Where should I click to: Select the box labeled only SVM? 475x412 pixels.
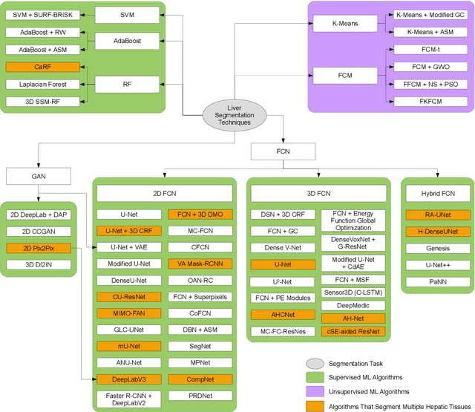(x=128, y=14)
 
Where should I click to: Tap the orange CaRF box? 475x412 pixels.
(x=36, y=68)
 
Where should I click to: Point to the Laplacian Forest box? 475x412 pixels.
(x=36, y=84)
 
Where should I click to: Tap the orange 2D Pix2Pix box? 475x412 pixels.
(x=39, y=247)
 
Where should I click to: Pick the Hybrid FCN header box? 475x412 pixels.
(x=436, y=194)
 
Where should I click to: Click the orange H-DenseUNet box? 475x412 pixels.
(x=436, y=232)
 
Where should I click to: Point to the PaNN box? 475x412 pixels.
(x=436, y=283)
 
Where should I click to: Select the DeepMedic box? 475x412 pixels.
(x=353, y=305)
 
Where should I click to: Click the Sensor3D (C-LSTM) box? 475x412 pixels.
(x=353, y=292)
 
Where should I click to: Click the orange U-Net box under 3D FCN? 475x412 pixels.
(x=282, y=264)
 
